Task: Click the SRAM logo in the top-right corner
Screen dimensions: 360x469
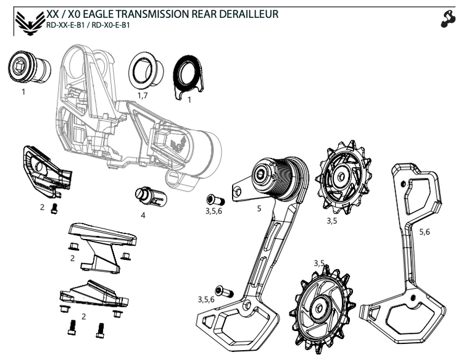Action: click(x=448, y=20)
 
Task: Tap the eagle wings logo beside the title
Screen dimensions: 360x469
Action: click(x=28, y=22)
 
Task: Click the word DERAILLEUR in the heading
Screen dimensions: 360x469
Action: click(x=247, y=14)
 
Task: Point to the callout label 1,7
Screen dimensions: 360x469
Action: click(x=143, y=96)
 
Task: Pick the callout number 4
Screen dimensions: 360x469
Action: click(x=143, y=216)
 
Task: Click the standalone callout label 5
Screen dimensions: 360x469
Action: click(x=259, y=209)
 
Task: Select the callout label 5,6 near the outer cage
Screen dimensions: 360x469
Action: click(x=425, y=232)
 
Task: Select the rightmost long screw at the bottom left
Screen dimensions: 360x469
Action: click(x=100, y=330)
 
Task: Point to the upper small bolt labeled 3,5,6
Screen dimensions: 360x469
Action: click(x=215, y=199)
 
